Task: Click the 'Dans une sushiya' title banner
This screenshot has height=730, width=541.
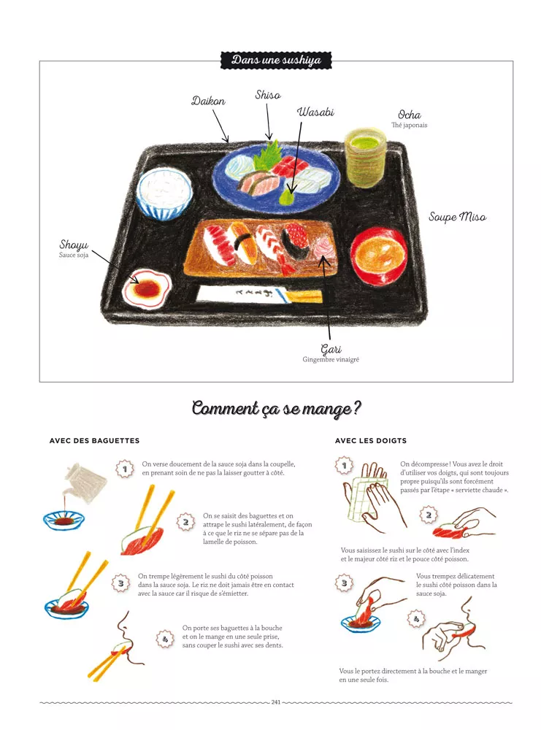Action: (x=276, y=60)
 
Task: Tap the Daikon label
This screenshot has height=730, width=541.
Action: (x=208, y=101)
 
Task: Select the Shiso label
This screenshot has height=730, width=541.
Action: (x=268, y=95)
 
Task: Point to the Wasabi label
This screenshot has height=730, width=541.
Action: (x=315, y=112)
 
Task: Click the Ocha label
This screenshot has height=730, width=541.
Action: (x=410, y=115)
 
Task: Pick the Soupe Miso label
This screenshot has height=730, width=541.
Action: (x=457, y=217)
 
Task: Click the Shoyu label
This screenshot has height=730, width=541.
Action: (x=74, y=245)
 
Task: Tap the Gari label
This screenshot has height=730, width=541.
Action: (x=331, y=349)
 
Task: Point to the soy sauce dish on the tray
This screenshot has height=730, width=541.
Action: (x=147, y=289)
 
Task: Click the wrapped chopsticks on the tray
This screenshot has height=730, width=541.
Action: (x=259, y=294)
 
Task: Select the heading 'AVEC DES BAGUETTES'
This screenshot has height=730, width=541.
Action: (x=94, y=440)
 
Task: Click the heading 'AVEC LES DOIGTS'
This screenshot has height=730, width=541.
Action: (x=371, y=440)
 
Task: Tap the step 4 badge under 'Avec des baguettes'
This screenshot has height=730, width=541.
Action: (x=164, y=639)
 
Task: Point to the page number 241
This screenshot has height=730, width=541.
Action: (x=276, y=702)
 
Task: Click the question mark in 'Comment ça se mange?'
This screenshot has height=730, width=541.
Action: (x=356, y=409)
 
